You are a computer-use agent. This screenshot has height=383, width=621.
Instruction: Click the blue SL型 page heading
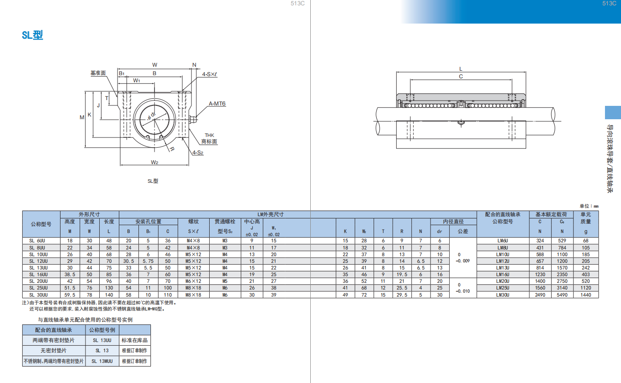[x=32, y=35]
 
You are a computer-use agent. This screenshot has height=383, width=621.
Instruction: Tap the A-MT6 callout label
[x=217, y=104]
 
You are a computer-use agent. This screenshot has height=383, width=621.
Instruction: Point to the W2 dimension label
[x=154, y=162]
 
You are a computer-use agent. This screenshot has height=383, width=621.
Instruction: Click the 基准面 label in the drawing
[x=98, y=73]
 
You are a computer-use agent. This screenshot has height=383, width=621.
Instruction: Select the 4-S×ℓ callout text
[x=209, y=74]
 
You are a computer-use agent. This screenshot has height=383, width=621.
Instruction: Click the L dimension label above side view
[x=461, y=69]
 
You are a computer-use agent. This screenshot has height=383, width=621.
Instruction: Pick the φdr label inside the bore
[x=151, y=116]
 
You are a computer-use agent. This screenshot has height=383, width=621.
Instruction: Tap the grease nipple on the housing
[x=193, y=120]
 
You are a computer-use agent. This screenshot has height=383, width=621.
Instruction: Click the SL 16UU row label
[x=39, y=274]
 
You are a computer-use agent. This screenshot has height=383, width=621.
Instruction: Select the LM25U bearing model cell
[x=503, y=288]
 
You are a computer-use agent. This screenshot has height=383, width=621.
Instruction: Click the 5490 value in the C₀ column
[x=562, y=295]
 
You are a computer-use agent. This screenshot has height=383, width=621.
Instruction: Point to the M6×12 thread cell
[x=193, y=281]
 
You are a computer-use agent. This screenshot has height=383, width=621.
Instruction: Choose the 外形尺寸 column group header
[x=89, y=214]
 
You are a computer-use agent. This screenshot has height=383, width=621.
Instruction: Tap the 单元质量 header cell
[x=586, y=218]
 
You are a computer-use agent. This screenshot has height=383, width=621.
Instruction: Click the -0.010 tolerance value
[x=463, y=291]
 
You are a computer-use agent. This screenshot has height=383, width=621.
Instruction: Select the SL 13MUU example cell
[x=102, y=361]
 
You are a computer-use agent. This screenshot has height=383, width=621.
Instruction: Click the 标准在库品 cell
[x=134, y=340]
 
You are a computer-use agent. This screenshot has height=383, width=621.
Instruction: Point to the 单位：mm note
[x=589, y=206]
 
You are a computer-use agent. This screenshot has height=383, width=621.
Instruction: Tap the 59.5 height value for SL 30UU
[x=70, y=295]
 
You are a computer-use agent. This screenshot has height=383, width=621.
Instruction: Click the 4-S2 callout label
[x=198, y=153]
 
